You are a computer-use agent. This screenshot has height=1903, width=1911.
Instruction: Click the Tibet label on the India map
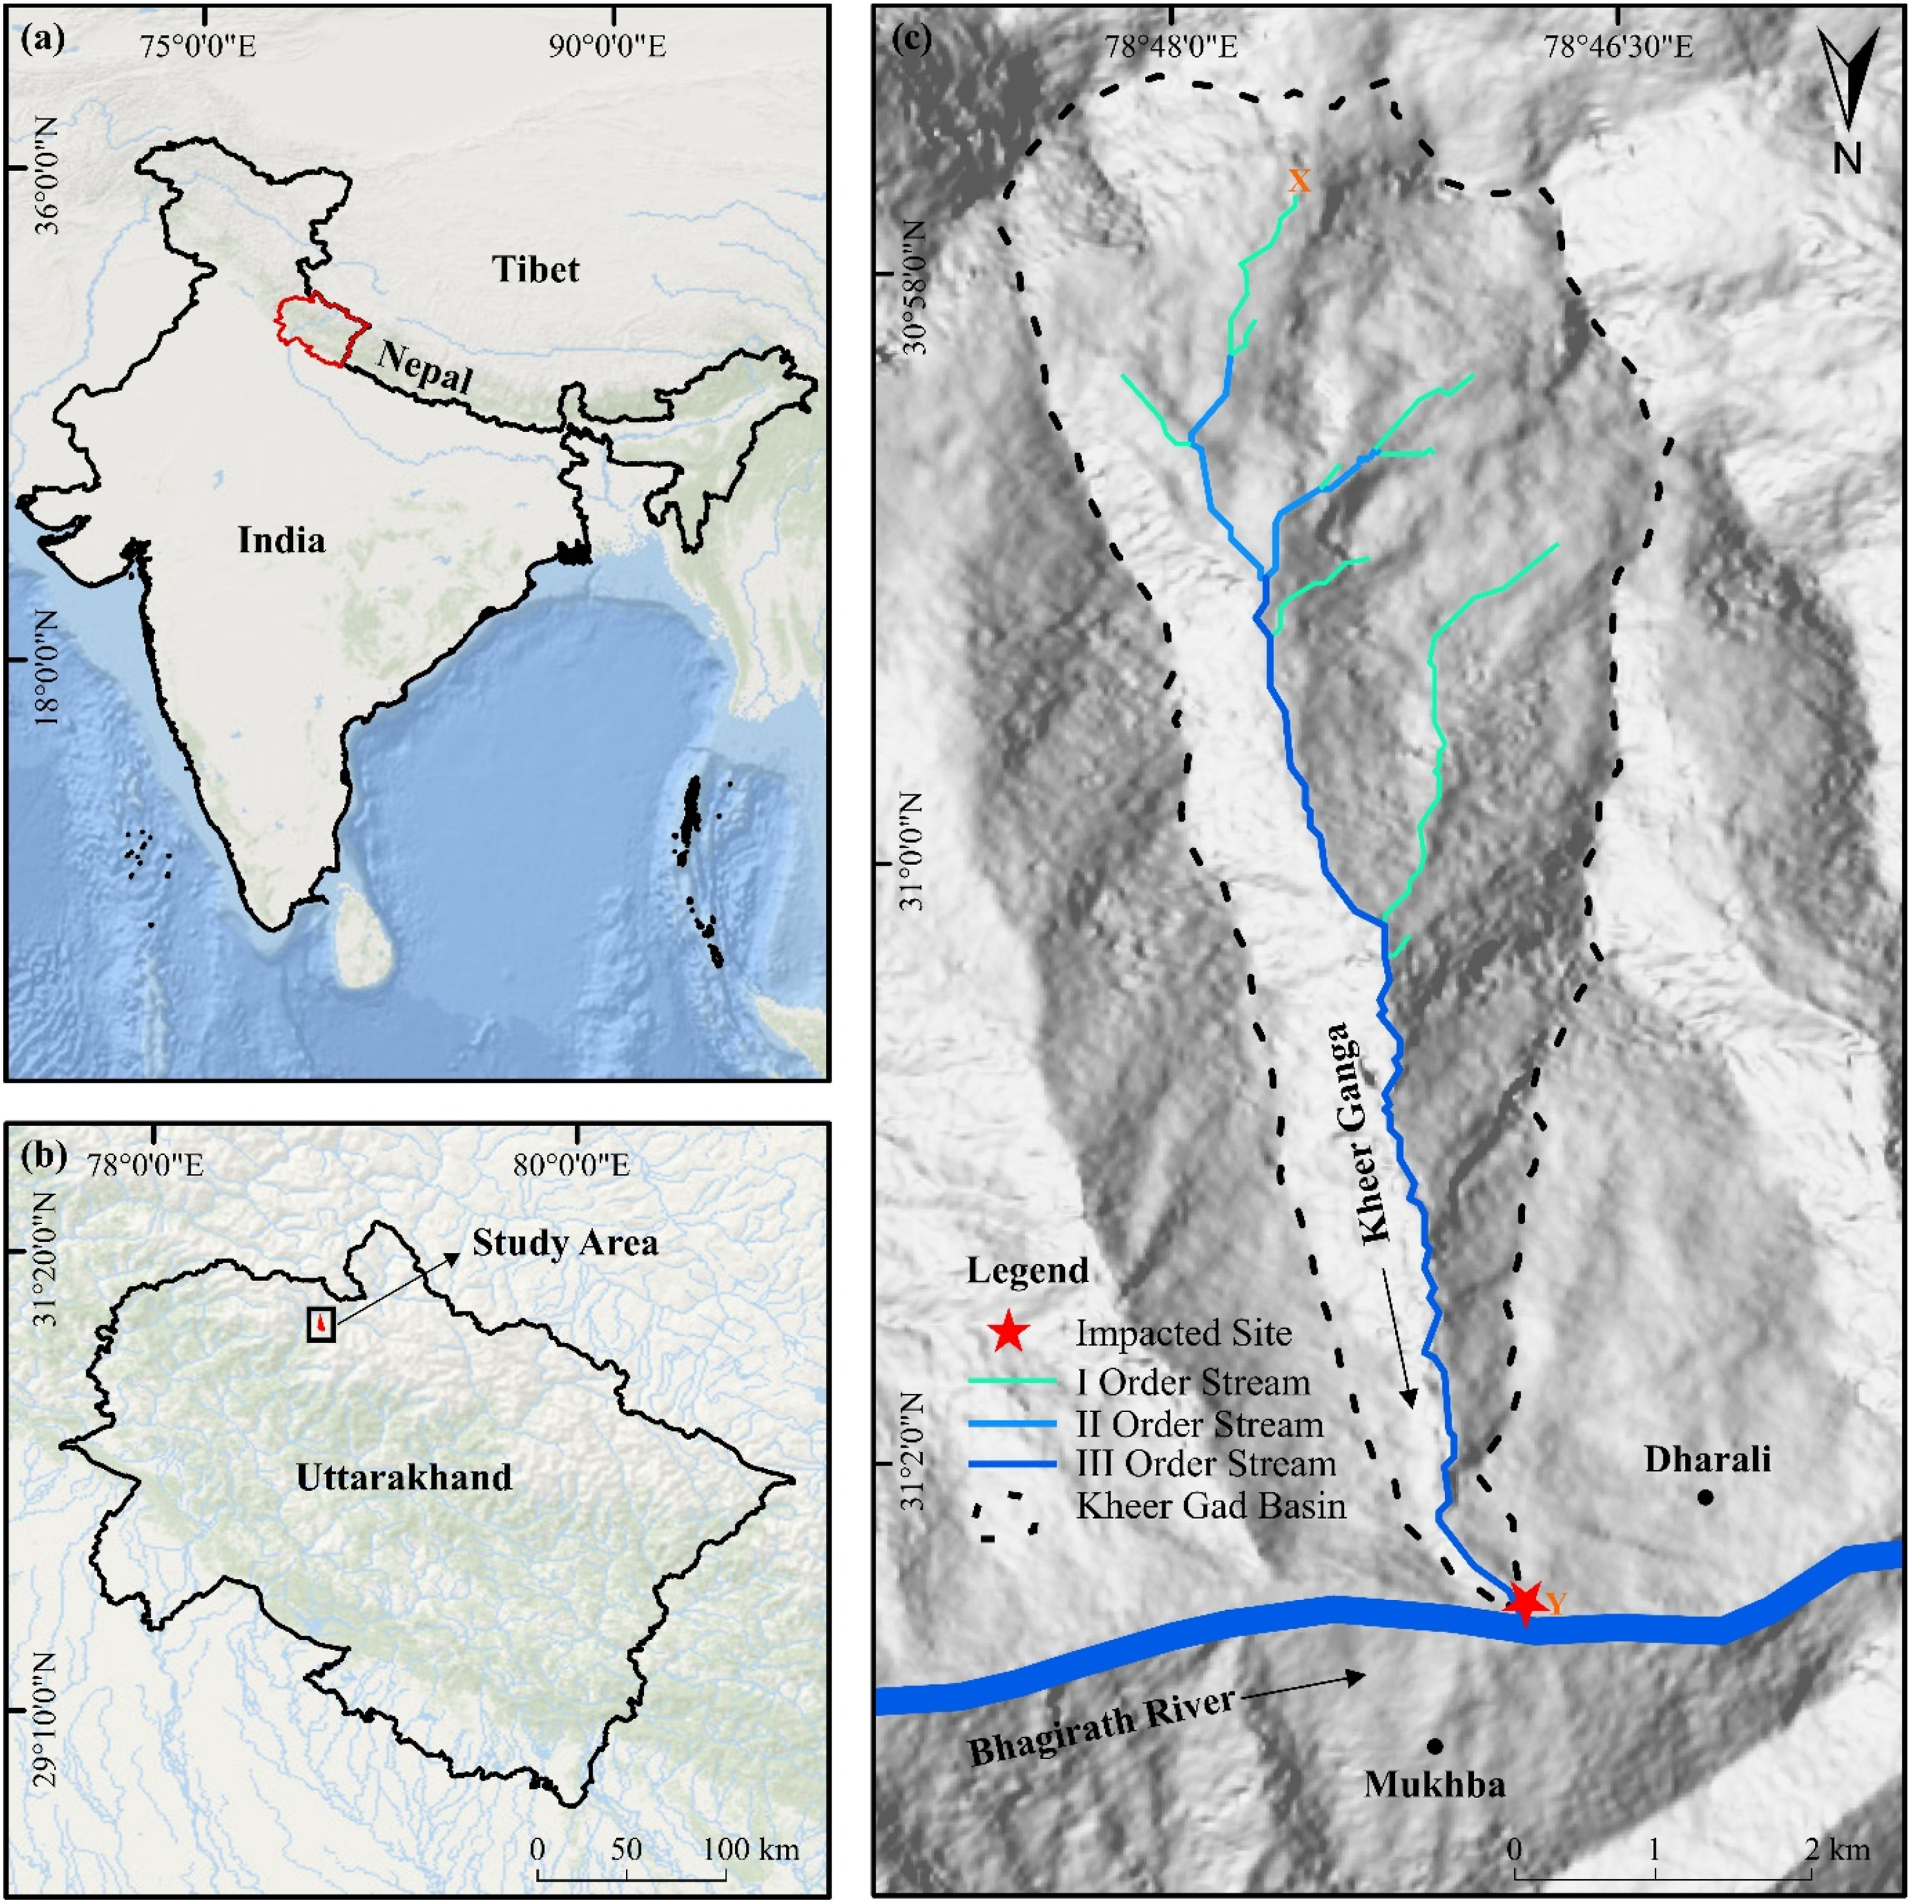click(x=535, y=269)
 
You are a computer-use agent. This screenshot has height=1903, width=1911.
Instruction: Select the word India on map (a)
click(x=281, y=540)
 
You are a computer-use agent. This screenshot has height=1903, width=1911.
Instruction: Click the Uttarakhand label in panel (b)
click(x=405, y=1476)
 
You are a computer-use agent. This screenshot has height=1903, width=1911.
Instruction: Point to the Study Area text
click(x=564, y=1243)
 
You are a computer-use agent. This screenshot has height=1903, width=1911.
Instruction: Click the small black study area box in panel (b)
click(x=322, y=1323)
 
